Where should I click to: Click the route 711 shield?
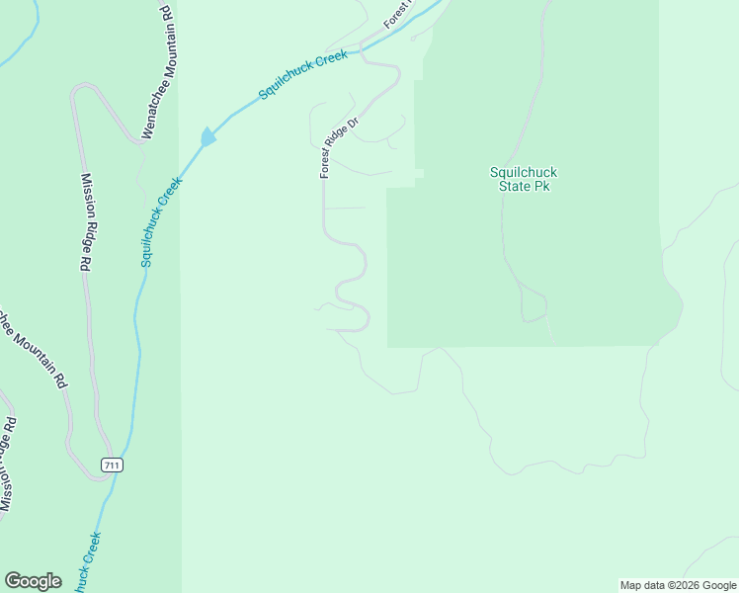pos(114,466)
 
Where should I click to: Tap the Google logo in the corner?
pos(33,581)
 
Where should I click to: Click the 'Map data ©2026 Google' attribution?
pos(678,585)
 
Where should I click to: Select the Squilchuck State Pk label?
pos(524,178)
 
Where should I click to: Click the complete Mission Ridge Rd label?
pos(86,222)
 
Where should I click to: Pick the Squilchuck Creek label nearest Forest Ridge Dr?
pos(303,74)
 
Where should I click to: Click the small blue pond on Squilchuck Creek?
pos(207,137)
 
